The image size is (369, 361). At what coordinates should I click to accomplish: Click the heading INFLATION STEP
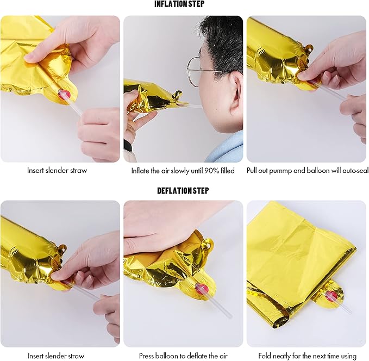point(179,4)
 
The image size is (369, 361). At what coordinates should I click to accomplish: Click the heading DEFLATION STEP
point(183,190)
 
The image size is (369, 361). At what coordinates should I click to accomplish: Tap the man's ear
point(236,90)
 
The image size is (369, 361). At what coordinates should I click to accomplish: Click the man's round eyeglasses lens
point(195,72)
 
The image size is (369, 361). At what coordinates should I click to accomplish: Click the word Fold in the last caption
point(264,356)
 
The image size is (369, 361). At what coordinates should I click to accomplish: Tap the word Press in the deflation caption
point(146,356)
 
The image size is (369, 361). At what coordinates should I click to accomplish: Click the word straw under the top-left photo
point(79,170)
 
